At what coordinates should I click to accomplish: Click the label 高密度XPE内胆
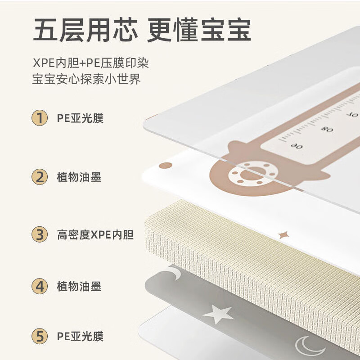point(95,234)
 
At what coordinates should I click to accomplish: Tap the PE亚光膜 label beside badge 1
point(80,118)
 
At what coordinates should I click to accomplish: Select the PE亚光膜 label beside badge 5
point(80,336)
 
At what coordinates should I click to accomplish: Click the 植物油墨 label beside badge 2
point(79,177)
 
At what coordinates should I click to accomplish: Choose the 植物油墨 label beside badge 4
point(79,286)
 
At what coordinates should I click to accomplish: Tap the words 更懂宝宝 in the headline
point(199,31)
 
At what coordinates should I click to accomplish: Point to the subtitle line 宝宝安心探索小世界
point(86,80)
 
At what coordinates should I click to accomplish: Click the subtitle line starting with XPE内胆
point(90,63)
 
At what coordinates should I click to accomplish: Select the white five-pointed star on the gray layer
point(219,314)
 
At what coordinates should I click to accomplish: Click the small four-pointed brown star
point(283,235)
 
